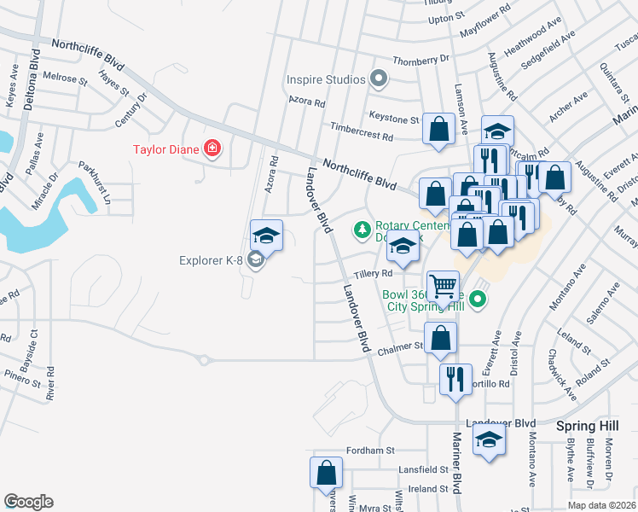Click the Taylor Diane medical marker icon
pos(212,150)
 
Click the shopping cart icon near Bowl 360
pos(443,287)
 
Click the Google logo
pos(28,502)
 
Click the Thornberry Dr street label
pos(420,60)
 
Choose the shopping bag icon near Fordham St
pos(326,472)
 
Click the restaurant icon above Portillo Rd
pos(455,378)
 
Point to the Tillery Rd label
pos(373,274)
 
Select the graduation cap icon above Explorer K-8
pos(266,236)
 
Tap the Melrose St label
pos(66,78)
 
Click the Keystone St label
pos(393,119)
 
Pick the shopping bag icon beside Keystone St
pos(438,130)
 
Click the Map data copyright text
pos(601,505)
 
